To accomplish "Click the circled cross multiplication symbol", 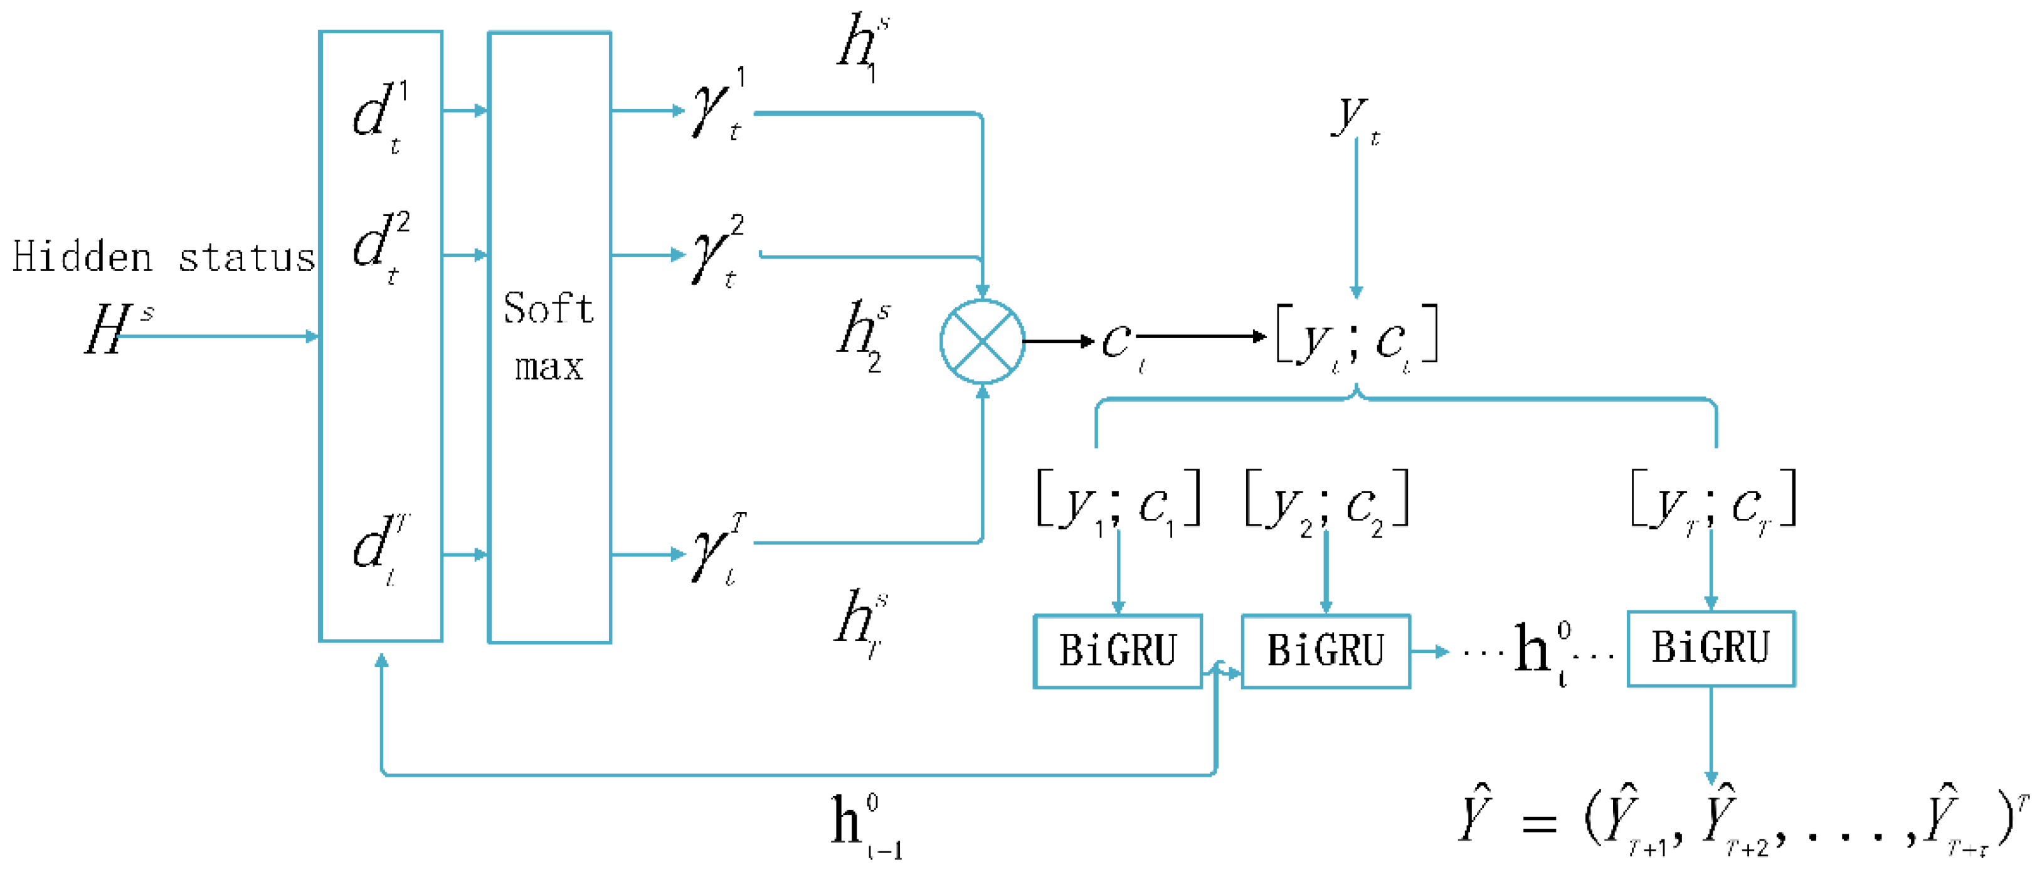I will click(982, 342).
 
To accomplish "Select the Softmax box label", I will click(549, 336).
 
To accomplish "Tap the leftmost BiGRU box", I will click(1118, 651).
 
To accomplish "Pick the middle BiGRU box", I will click(1325, 651).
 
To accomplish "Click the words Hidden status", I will click(163, 258).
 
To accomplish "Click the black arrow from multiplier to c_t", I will click(1058, 342).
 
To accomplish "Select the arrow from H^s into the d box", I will click(218, 337).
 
